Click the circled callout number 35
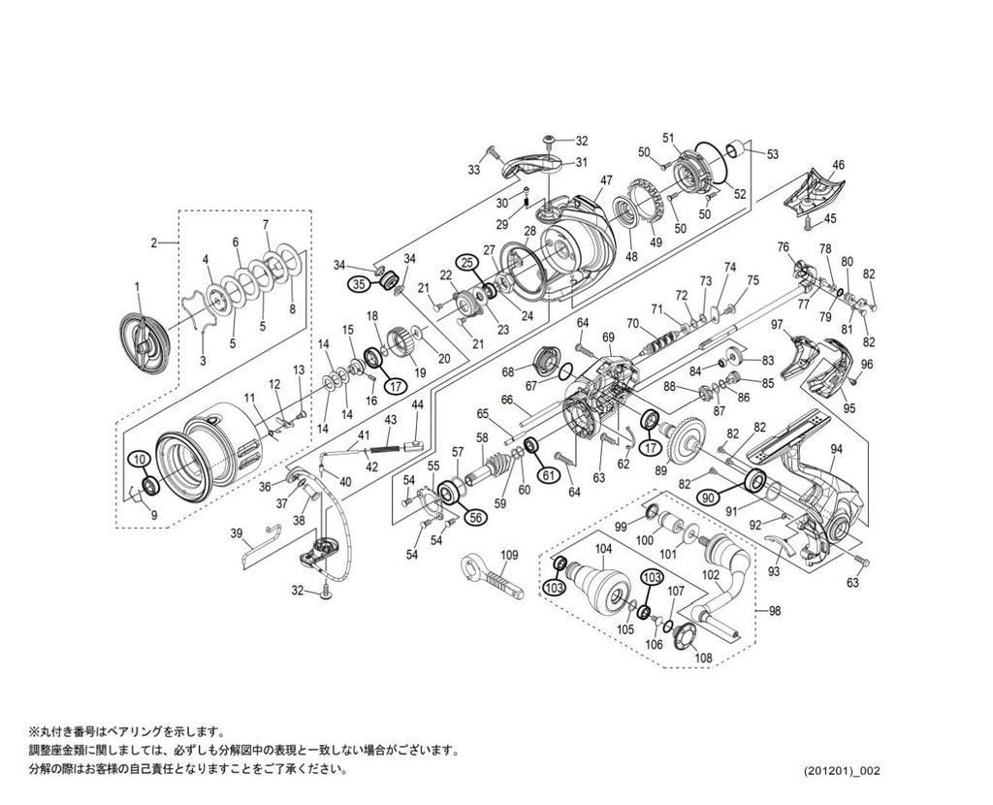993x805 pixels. point(359,284)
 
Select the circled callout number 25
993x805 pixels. point(467,262)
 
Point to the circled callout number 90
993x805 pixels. point(708,496)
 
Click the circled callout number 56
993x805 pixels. point(476,518)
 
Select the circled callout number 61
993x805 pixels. point(548,474)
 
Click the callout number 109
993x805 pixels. point(510,555)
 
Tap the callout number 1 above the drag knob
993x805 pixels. point(138,286)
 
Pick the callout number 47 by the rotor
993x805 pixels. point(606,181)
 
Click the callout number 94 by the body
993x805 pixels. point(836,448)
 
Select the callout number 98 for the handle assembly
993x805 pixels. point(774,610)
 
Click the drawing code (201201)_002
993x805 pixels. point(842,771)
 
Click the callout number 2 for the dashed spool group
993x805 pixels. point(153,243)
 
